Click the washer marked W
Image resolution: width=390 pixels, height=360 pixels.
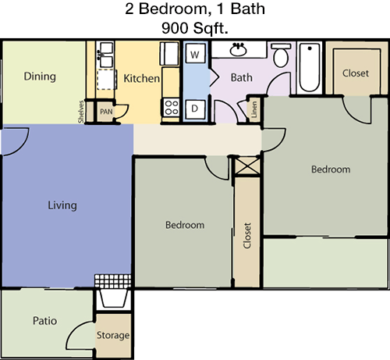click(195, 54)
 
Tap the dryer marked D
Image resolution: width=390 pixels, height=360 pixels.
click(195, 109)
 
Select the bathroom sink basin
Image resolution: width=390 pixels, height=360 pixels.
click(238, 49)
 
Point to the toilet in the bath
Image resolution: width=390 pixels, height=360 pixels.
click(281, 55)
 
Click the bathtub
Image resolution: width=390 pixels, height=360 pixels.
click(310, 67)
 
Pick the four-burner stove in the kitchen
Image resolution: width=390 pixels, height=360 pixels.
click(172, 108)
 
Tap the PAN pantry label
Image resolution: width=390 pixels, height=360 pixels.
click(106, 112)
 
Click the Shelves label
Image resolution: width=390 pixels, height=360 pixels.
click(81, 112)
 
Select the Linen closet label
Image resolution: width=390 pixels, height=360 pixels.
click(254, 109)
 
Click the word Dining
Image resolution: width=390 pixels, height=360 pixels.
click(40, 77)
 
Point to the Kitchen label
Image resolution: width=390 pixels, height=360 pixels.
click(141, 78)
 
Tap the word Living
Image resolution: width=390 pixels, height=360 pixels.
click(62, 205)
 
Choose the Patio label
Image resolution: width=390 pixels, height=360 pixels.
click(44, 321)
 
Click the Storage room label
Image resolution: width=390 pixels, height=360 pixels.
click(113, 335)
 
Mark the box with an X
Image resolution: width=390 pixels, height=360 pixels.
click(247, 166)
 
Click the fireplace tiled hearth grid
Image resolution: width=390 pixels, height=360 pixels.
click(113, 281)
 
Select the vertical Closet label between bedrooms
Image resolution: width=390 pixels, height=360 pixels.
click(247, 236)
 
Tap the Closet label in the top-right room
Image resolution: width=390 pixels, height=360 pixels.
click(356, 73)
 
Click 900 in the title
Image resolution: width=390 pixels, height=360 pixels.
click(175, 28)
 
